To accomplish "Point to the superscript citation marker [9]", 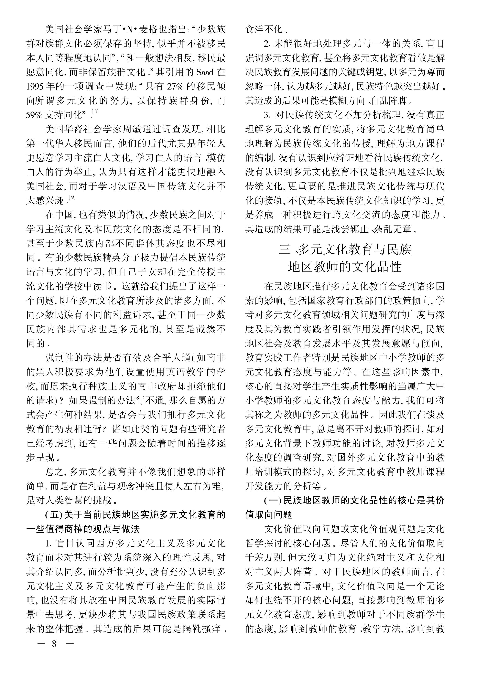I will [72, 197].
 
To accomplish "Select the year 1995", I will [35, 87].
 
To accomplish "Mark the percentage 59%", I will [35, 115].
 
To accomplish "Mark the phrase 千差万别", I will [264, 558].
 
